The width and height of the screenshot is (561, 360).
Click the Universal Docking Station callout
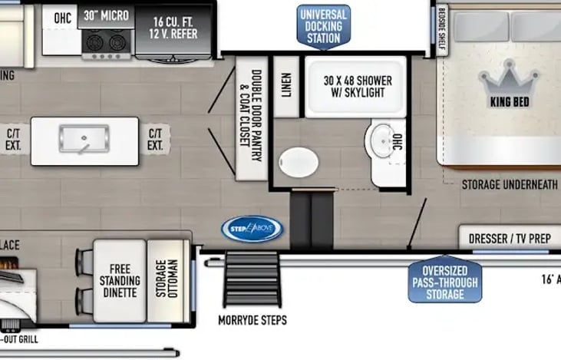322,25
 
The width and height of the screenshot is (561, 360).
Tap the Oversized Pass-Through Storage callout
444,281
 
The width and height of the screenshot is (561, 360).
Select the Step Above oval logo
252,228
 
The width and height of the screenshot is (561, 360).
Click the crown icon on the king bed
510,79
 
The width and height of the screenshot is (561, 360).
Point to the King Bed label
510,101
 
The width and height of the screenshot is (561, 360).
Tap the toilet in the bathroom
298,163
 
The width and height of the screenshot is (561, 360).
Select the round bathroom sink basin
381,140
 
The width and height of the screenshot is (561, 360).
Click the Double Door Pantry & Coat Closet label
251,119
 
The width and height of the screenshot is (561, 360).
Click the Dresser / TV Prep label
510,239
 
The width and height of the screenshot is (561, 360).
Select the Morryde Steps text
252,320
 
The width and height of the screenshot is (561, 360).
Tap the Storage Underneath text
510,184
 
